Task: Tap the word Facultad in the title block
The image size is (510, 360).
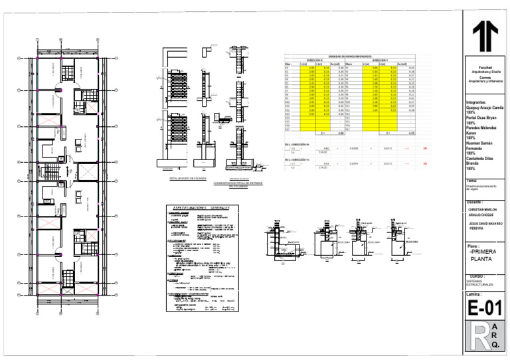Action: click(485, 68)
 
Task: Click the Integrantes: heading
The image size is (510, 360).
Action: click(481, 103)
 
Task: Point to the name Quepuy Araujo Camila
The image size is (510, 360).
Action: click(485, 108)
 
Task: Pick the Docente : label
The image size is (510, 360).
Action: click(475, 201)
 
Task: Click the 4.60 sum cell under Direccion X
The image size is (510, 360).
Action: click(322, 134)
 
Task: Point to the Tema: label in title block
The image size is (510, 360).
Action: click(471, 181)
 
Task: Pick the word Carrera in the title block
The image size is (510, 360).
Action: click(485, 76)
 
